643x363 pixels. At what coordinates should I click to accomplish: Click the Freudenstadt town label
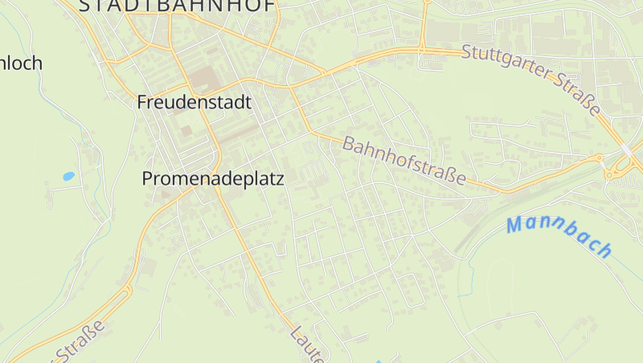point(194,103)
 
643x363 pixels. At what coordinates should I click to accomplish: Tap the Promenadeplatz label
point(213,179)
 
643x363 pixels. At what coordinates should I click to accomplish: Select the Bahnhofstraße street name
point(404,161)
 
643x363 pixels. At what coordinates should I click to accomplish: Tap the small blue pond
point(68,176)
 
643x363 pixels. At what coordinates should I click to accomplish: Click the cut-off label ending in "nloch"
point(21,63)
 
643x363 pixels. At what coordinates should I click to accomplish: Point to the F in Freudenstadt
point(143,103)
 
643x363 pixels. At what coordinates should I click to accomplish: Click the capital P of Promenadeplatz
point(148,179)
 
